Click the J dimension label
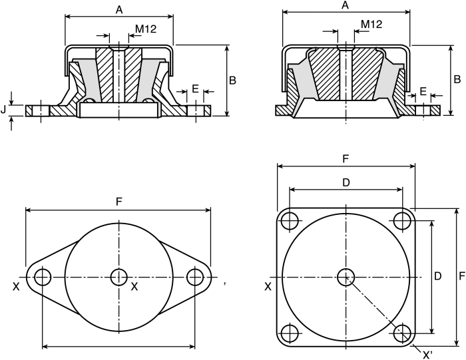point(3,110)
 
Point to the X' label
point(427,355)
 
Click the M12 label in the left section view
point(146,29)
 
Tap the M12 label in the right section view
point(371,24)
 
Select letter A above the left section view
point(119,10)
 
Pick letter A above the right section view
point(345,5)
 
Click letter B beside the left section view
point(232,81)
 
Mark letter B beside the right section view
point(457,79)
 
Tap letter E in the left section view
point(195,89)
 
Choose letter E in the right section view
point(423,91)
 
